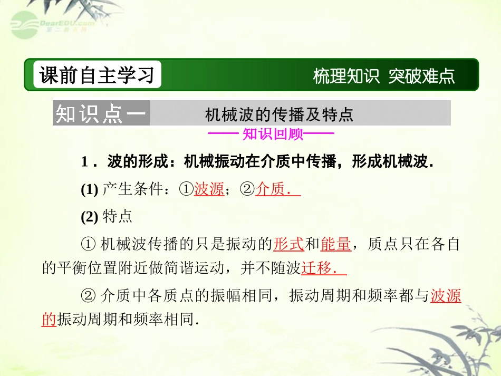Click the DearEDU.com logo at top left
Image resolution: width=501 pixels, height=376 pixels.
(50, 24)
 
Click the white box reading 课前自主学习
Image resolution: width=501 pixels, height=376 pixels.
(97, 75)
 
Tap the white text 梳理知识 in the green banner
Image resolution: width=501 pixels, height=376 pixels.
(346, 76)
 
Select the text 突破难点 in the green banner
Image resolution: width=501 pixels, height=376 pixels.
(421, 76)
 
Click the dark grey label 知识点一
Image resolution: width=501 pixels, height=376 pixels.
(100, 113)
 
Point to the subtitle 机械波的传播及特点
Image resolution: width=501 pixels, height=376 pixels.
(279, 114)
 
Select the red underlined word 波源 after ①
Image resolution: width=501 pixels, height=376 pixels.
(209, 189)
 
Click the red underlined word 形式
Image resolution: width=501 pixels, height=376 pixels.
(288, 244)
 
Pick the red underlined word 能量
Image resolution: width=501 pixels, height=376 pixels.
(336, 244)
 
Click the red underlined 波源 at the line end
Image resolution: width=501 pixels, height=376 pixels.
(446, 296)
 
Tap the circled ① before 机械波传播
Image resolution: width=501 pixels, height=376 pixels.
(89, 244)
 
